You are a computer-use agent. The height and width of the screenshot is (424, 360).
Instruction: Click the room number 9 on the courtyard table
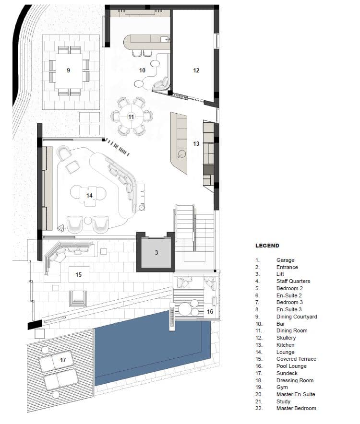[x=68, y=71]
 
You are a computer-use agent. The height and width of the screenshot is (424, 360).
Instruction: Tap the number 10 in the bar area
[x=142, y=71]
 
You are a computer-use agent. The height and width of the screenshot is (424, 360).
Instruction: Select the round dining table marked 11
[x=132, y=117]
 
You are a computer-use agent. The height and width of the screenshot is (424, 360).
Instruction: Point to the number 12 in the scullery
[x=196, y=71]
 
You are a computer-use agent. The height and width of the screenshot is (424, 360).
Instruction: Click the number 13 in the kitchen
[x=196, y=143]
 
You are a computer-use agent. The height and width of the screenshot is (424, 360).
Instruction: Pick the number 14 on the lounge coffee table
[x=89, y=195]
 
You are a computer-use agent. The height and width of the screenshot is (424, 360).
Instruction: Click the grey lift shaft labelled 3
[x=156, y=253]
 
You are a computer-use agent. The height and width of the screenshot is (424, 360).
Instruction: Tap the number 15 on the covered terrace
[x=79, y=274]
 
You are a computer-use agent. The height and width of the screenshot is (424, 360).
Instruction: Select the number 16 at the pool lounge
[x=210, y=311]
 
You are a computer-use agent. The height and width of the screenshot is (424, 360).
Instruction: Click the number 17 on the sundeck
[x=63, y=360]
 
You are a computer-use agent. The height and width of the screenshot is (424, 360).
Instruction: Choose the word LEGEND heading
[x=267, y=246]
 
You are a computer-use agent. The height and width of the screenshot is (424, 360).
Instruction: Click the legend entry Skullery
[x=286, y=338]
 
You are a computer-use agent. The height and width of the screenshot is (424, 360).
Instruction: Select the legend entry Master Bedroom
[x=296, y=408]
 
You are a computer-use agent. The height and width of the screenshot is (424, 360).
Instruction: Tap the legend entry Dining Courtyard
[x=297, y=317]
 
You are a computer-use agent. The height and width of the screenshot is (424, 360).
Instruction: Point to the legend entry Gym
[x=282, y=387]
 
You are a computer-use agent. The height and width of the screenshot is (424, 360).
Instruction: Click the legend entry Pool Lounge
[x=291, y=366]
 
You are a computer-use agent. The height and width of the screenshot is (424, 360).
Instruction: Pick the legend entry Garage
[x=285, y=260]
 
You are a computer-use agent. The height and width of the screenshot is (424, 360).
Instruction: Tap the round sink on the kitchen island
[x=181, y=154]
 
